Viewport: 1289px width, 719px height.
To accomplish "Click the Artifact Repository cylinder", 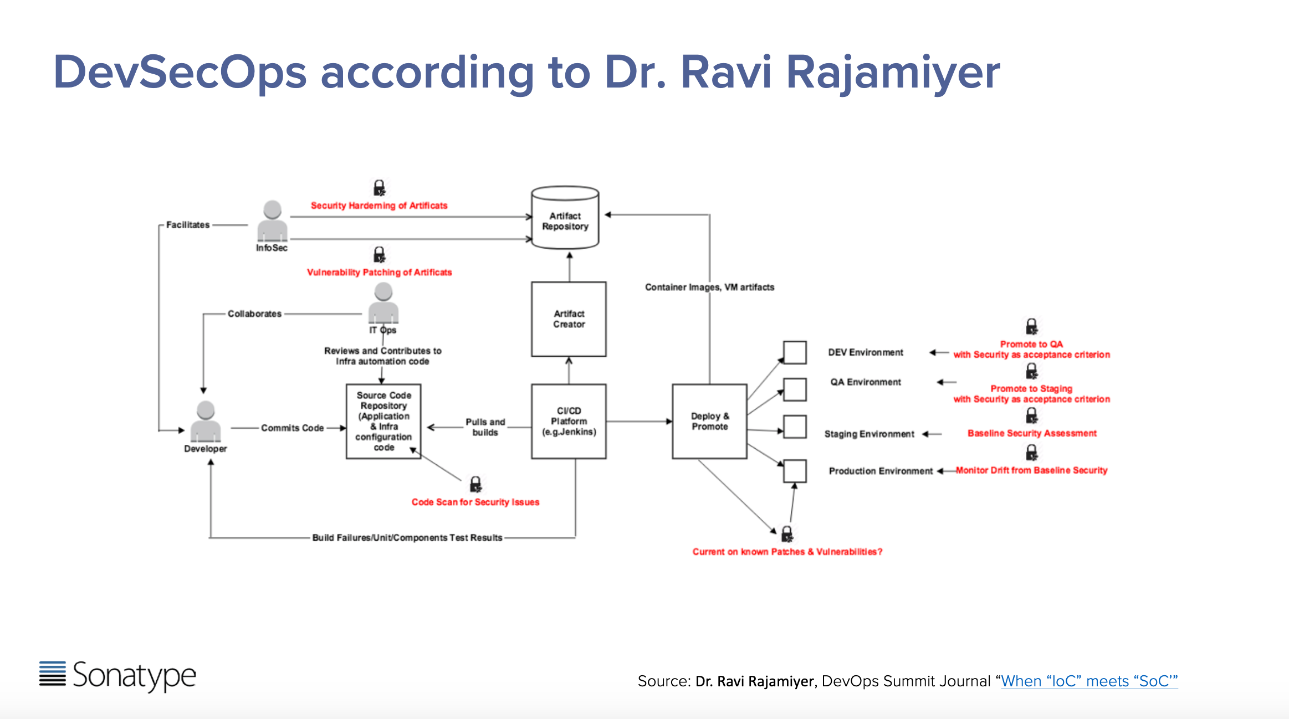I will pyautogui.click(x=565, y=219).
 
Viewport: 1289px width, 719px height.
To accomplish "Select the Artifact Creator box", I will pyautogui.click(x=569, y=319).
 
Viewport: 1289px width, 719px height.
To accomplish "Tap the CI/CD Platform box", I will pyautogui.click(x=569, y=421).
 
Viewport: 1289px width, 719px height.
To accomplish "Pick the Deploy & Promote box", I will pyautogui.click(x=709, y=421).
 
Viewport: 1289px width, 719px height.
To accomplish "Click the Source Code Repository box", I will pyautogui.click(x=383, y=421).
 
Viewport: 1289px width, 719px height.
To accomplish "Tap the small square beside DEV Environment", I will pyautogui.click(x=795, y=352).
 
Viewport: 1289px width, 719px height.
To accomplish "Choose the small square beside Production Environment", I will pyautogui.click(x=795, y=471).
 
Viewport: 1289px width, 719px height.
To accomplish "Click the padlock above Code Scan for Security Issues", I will pyautogui.click(x=475, y=485).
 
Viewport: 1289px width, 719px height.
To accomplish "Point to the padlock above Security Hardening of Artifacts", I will pyautogui.click(x=379, y=188).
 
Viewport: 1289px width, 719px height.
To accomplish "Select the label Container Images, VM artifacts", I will pyautogui.click(x=709, y=287).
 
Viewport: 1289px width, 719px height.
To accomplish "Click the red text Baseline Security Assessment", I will pyautogui.click(x=1032, y=433).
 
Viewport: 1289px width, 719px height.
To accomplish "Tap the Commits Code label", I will pyautogui.click(x=292, y=428).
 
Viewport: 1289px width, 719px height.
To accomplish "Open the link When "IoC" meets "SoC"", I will pyautogui.click(x=1089, y=681).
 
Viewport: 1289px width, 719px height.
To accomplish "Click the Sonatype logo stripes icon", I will pyautogui.click(x=53, y=674).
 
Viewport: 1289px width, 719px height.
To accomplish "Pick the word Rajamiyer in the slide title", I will pyautogui.click(x=893, y=72).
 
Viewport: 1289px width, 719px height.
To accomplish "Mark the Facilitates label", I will pyautogui.click(x=188, y=225).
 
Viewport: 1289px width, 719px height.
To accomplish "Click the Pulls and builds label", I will pyautogui.click(x=485, y=427).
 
